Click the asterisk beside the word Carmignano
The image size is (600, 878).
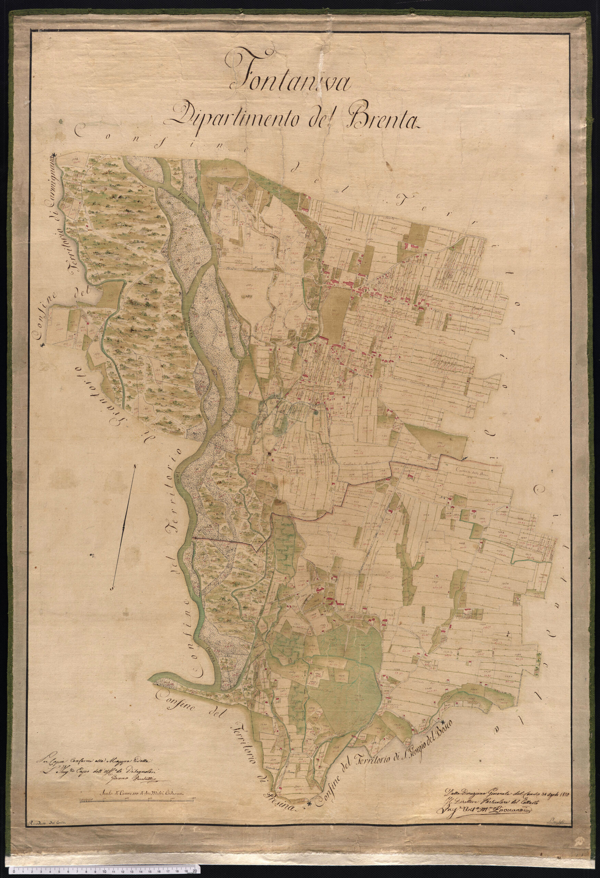(x=55, y=155)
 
